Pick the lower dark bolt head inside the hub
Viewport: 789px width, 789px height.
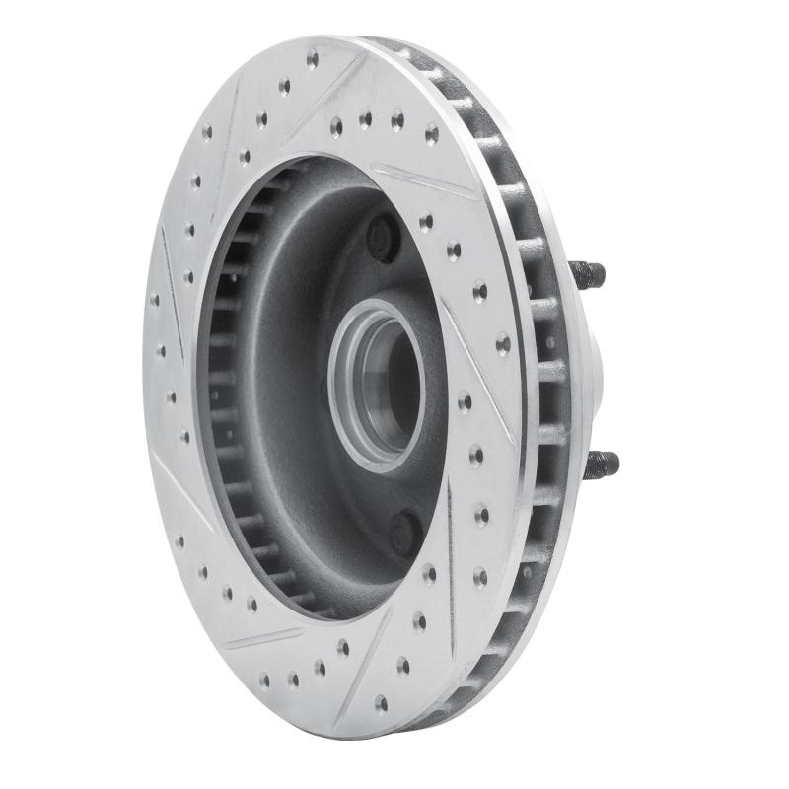point(405,534)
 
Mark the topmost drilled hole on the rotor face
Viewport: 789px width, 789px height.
point(313,60)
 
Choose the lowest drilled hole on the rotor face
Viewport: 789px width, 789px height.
point(381,702)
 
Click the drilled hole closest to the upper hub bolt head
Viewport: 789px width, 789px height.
point(426,223)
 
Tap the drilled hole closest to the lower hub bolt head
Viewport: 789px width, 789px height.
point(429,573)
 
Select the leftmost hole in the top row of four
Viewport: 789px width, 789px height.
point(336,125)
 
